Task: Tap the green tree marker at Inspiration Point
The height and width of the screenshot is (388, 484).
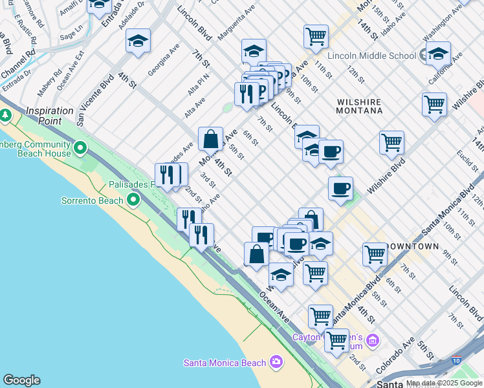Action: (6, 115)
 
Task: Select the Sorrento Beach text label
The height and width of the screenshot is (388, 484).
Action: (92, 200)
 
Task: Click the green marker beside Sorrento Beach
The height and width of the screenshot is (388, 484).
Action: (134, 200)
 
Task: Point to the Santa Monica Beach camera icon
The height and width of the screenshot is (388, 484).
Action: (276, 361)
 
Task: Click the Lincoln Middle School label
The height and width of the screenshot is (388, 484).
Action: (371, 56)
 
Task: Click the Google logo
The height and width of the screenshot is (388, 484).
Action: (21, 380)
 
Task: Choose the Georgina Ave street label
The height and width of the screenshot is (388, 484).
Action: (163, 60)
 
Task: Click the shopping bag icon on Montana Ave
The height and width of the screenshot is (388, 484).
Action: (211, 138)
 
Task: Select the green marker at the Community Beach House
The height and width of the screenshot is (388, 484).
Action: (80, 149)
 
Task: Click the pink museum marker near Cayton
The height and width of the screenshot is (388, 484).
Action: (372, 340)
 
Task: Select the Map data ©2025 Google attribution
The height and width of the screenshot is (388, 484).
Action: (444, 383)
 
